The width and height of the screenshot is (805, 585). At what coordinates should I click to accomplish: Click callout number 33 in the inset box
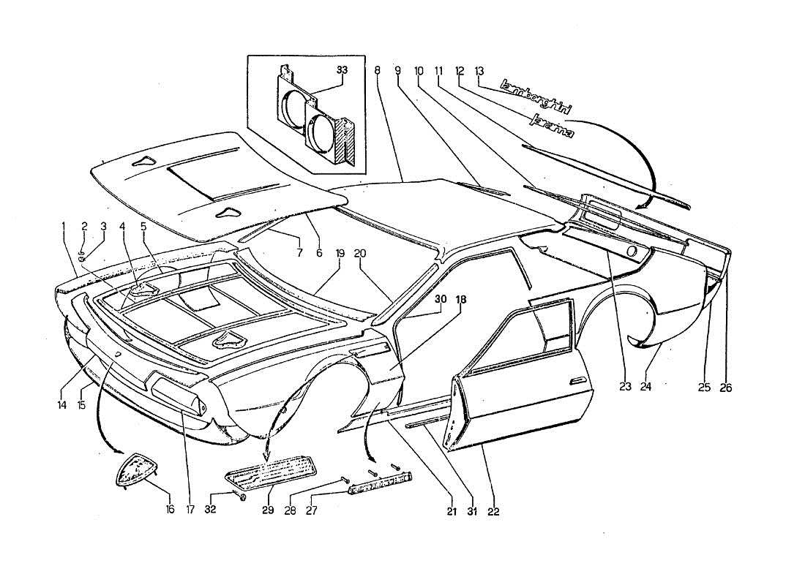coord(342,70)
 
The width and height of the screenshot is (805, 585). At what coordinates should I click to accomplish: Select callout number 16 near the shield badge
coord(170,509)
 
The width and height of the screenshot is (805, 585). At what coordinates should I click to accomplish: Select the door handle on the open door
coord(577,380)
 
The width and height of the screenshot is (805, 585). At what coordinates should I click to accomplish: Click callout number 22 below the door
coord(493,511)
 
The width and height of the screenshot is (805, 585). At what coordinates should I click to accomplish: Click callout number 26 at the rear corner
coord(725,388)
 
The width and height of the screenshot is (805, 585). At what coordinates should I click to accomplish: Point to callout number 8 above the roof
coord(377,71)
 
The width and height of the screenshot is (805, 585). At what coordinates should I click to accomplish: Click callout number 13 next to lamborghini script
coord(479,71)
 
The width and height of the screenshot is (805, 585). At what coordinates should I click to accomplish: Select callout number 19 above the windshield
coord(340,253)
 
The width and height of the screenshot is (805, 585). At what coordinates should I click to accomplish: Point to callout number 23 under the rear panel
coord(624,387)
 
